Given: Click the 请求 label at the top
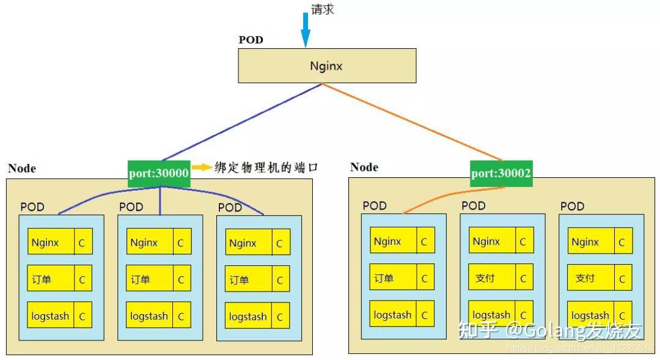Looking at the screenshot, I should click(x=323, y=10).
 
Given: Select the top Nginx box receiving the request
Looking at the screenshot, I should click(x=326, y=65).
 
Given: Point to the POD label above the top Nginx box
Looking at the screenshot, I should click(x=251, y=40).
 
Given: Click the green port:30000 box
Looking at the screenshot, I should click(x=159, y=174).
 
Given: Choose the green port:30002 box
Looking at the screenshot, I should click(x=501, y=174).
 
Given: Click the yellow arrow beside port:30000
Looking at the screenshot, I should click(x=201, y=167).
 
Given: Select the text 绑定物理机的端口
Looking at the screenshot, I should click(x=266, y=167).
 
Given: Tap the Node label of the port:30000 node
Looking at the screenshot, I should click(x=22, y=169).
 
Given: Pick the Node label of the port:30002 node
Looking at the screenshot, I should click(x=364, y=167).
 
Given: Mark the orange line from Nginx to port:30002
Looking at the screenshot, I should click(x=416, y=122).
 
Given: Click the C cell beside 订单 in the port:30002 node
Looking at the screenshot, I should click(x=424, y=278).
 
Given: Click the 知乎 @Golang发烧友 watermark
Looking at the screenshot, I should click(x=550, y=331).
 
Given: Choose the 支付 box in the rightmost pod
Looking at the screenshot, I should click(x=585, y=278).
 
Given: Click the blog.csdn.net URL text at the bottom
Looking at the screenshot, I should click(x=581, y=348).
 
